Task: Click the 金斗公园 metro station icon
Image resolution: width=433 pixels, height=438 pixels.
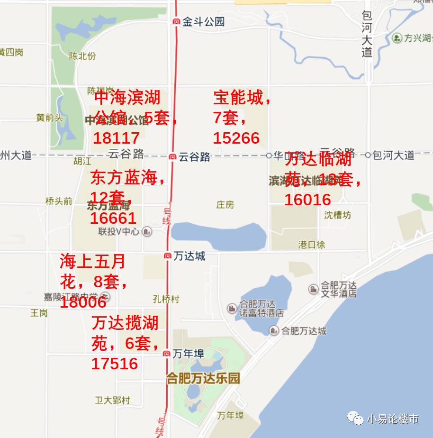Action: pyautogui.click(x=176, y=21)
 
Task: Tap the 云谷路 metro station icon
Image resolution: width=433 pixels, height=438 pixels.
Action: pyautogui.click(x=173, y=156)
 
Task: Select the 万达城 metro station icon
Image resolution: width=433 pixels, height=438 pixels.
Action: pyautogui.click(x=167, y=256)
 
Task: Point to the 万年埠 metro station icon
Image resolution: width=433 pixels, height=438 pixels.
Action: pyautogui.click(x=166, y=354)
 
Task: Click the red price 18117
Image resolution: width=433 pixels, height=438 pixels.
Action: pyautogui.click(x=116, y=138)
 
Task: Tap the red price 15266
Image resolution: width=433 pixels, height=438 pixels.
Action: pyautogui.click(x=236, y=138)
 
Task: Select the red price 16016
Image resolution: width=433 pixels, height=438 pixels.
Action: pyautogui.click(x=307, y=200)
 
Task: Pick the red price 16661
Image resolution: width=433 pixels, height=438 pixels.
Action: pyautogui.click(x=113, y=218)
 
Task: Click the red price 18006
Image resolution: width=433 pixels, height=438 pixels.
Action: pyautogui.click(x=83, y=302)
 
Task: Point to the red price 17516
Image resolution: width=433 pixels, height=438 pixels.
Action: pyautogui.click(x=115, y=364)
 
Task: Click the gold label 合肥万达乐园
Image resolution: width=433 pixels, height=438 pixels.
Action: pyautogui.click(x=203, y=378)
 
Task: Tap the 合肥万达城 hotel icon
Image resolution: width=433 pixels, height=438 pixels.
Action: pyautogui.click(x=274, y=331)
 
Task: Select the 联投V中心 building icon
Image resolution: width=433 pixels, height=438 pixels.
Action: pyautogui.click(x=147, y=232)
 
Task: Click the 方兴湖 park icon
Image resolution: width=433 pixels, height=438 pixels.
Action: pyautogui.click(x=397, y=37)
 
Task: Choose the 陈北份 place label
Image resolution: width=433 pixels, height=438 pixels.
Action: pyautogui.click(x=82, y=56)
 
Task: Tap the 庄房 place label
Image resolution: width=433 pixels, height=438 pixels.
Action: pyautogui.click(x=225, y=205)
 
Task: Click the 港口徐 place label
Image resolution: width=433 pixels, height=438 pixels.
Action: pyautogui.click(x=312, y=245)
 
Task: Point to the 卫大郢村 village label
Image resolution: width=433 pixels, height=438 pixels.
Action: pyautogui.click(x=112, y=401)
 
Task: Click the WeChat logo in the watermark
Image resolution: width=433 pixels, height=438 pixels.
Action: pyautogui.click(x=355, y=418)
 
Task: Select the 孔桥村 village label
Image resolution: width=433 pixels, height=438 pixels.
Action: pyautogui.click(x=166, y=299)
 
